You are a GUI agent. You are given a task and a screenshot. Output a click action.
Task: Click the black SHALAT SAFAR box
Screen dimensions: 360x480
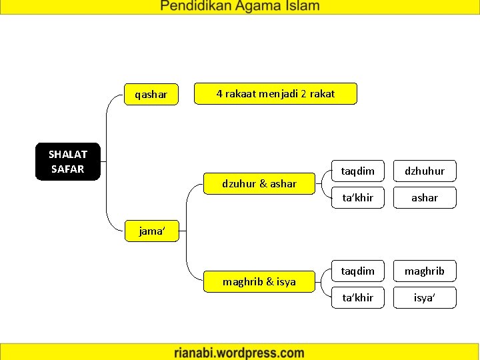67,161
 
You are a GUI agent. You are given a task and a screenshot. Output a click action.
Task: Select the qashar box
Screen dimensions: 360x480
151,95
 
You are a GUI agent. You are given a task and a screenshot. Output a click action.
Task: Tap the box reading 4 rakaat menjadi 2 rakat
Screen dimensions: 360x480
275,94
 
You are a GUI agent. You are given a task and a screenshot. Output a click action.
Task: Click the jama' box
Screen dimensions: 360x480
151,231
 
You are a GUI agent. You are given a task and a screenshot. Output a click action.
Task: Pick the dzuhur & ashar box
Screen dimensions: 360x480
259,183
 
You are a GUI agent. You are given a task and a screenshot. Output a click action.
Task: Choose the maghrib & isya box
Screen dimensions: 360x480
259,281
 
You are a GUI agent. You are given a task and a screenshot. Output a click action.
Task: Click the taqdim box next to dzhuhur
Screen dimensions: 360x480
358,171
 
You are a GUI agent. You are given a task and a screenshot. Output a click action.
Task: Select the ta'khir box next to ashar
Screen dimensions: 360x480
358,197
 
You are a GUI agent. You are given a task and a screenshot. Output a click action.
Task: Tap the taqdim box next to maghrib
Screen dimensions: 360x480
358,271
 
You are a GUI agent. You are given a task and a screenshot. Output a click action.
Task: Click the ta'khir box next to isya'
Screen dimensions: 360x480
358,297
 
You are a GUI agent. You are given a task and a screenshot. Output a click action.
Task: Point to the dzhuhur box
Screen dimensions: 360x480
425,171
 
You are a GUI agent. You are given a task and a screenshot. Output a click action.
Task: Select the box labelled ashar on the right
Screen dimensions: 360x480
425,197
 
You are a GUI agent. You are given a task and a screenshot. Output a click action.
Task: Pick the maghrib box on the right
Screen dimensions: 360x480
425,271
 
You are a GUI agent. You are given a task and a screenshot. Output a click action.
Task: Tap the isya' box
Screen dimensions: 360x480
425,297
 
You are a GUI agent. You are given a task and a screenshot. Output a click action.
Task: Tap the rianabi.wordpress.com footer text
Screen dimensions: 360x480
239,353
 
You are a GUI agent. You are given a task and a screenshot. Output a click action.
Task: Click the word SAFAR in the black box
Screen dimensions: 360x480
67,169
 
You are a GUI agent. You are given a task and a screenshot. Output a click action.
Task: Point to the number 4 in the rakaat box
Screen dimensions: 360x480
219,94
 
